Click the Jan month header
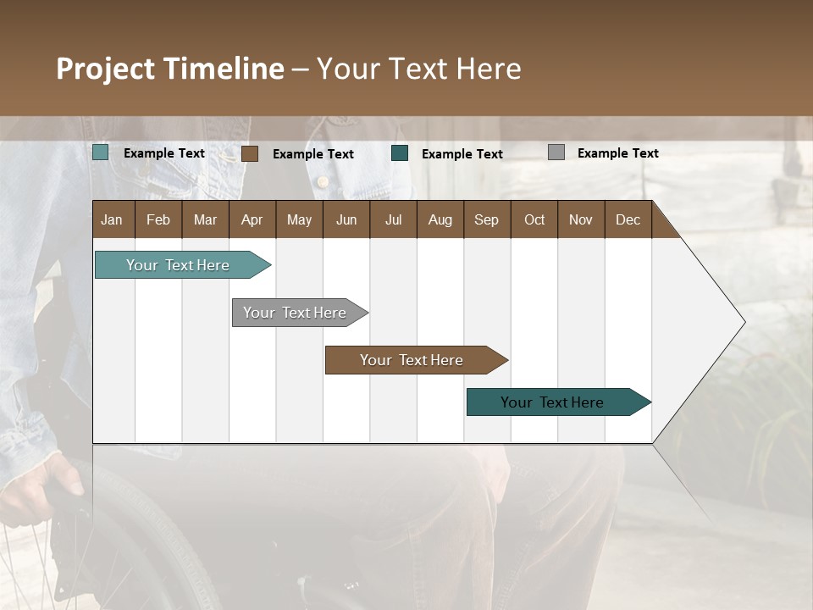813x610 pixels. coord(112,219)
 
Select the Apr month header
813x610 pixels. coord(252,219)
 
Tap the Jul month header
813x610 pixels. coord(393,219)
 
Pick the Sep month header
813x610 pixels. coord(486,219)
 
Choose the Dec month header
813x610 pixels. coord(628,219)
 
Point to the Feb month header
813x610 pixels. coord(158,219)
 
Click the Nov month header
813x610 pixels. coord(580,219)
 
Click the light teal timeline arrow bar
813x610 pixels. coord(178,265)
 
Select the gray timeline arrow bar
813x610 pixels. coord(295,313)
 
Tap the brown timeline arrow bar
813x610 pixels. coord(412,360)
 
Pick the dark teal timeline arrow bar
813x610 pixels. coord(552,402)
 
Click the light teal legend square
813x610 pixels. coord(101,152)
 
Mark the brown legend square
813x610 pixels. coord(250,153)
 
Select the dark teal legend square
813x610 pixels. coord(400,153)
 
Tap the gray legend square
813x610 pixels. coord(556,152)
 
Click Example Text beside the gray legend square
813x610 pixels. coord(617,153)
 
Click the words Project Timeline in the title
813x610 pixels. coord(170,69)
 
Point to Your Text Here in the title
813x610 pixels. coord(418,69)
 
